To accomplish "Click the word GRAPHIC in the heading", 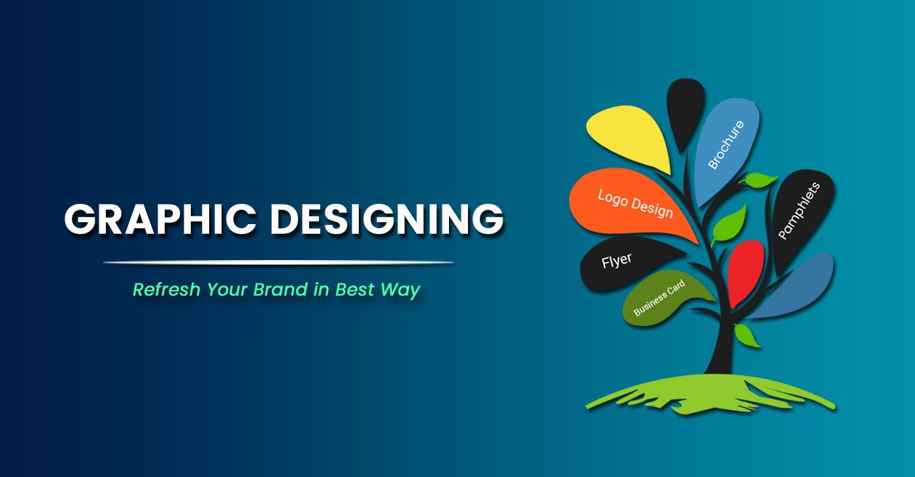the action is [x=160, y=220].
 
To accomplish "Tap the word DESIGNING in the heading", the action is [x=387, y=220].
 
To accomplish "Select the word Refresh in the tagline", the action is [x=167, y=289].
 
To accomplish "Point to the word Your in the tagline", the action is [x=227, y=289].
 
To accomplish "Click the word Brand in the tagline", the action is [x=280, y=289].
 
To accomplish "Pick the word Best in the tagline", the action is [x=354, y=289].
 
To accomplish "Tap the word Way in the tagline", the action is [x=400, y=290].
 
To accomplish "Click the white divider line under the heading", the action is [x=278, y=262].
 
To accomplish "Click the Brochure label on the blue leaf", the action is [x=726, y=144].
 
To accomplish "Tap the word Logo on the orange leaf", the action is [x=613, y=199].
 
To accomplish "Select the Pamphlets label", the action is [x=799, y=210].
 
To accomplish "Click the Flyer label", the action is [x=616, y=261].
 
